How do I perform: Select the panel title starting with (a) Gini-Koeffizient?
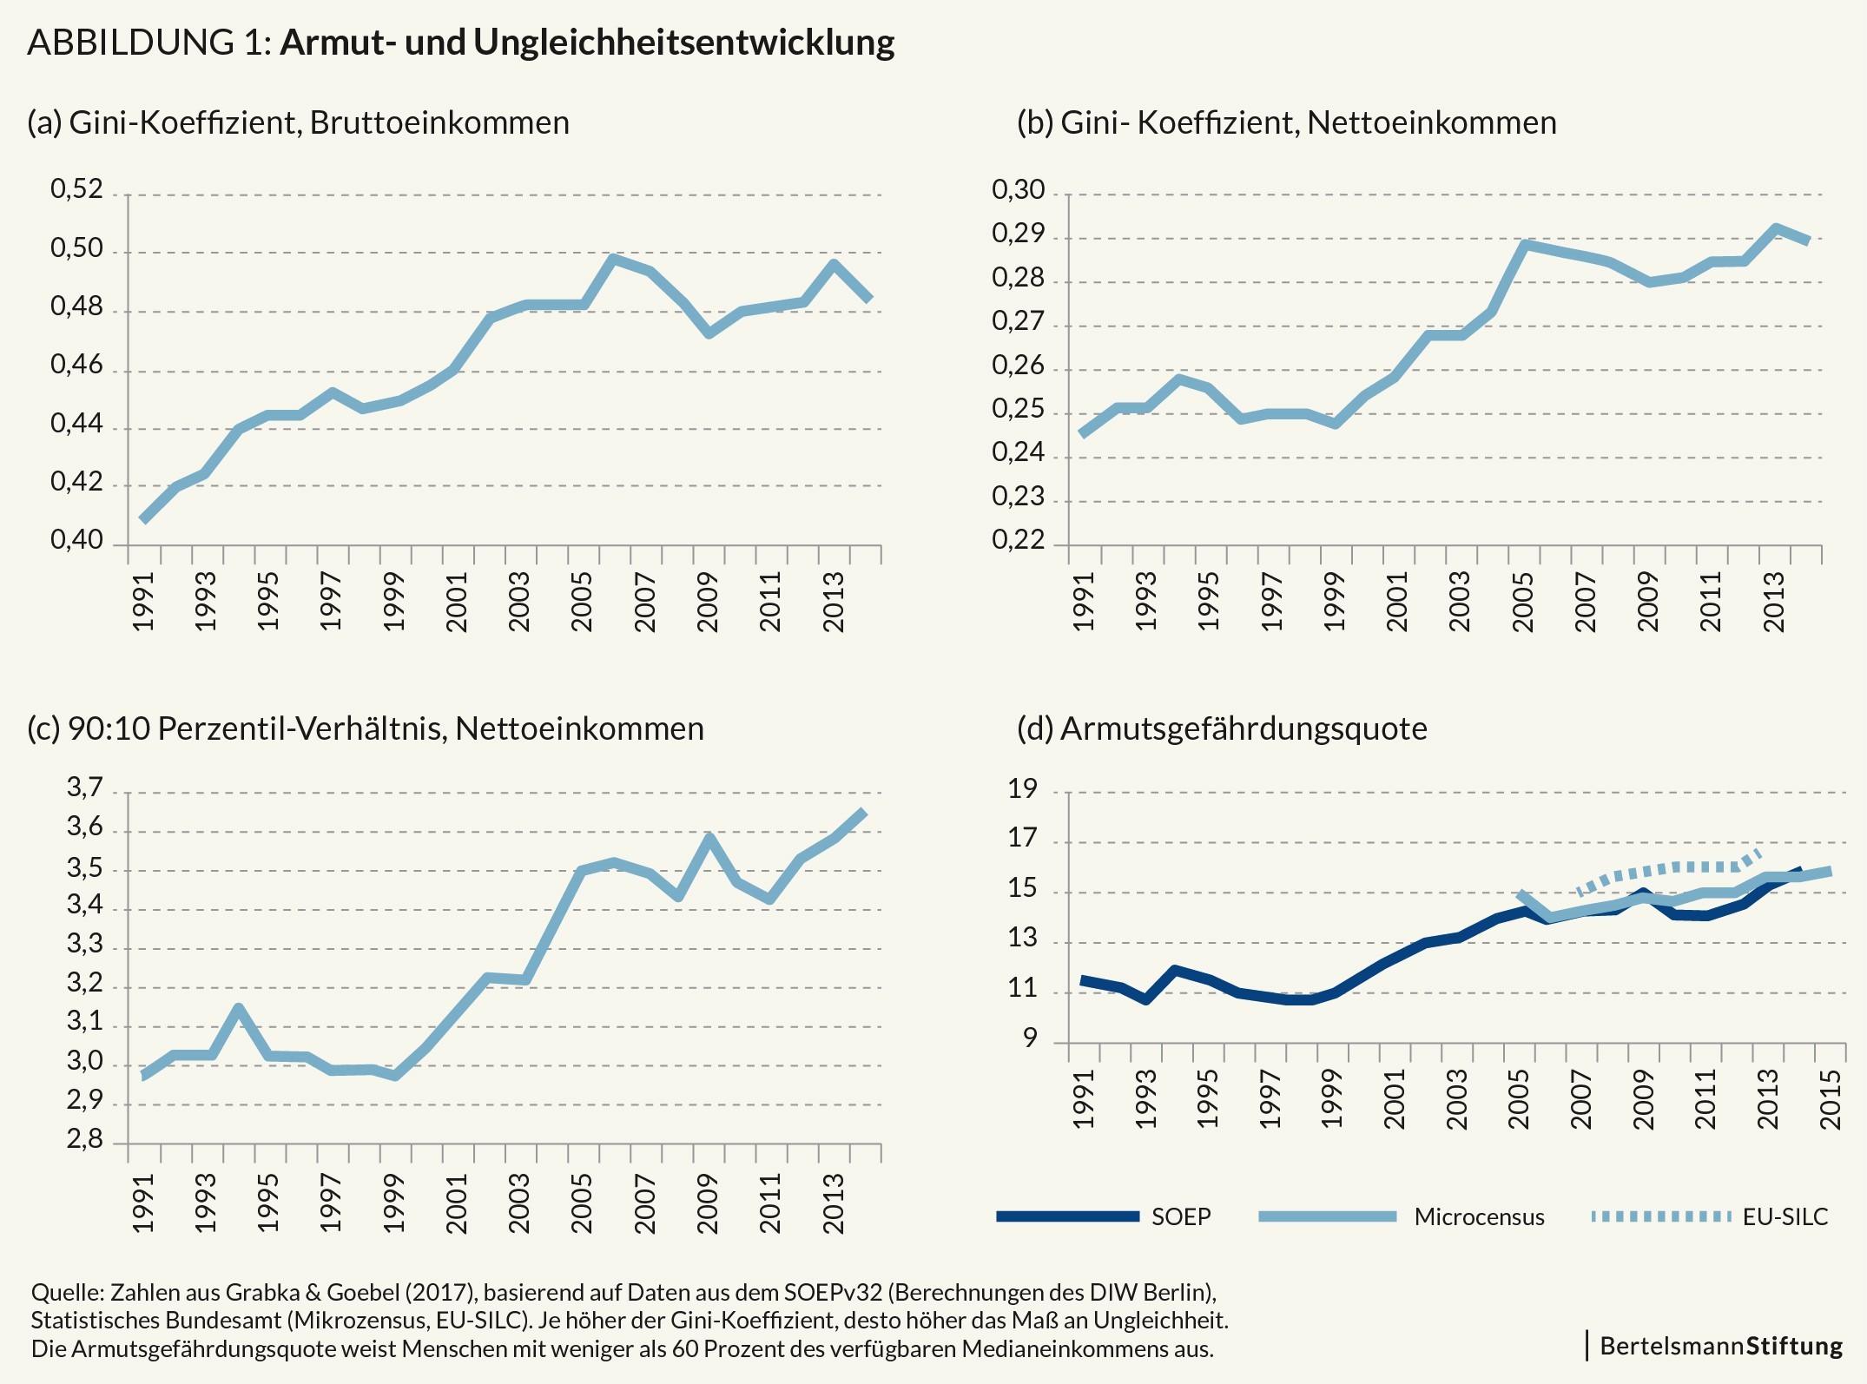(x=298, y=122)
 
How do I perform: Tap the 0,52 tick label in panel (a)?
(x=76, y=189)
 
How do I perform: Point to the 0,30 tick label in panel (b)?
(x=1018, y=189)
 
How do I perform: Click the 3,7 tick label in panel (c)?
(x=84, y=788)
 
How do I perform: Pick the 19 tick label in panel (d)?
(x=1022, y=789)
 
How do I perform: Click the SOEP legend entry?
(x=1181, y=1216)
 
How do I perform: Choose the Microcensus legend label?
(x=1479, y=1216)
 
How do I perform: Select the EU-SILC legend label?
(x=1785, y=1216)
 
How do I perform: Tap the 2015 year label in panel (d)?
(x=1830, y=1099)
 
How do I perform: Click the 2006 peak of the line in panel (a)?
(x=613, y=259)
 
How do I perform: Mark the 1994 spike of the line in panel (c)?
(x=238, y=1008)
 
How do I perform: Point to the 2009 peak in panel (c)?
(x=709, y=838)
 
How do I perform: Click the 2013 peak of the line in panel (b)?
(x=1776, y=228)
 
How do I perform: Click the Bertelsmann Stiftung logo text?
(x=1721, y=1346)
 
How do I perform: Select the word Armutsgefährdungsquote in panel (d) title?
(x=1243, y=728)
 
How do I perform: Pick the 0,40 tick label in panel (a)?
(x=76, y=540)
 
